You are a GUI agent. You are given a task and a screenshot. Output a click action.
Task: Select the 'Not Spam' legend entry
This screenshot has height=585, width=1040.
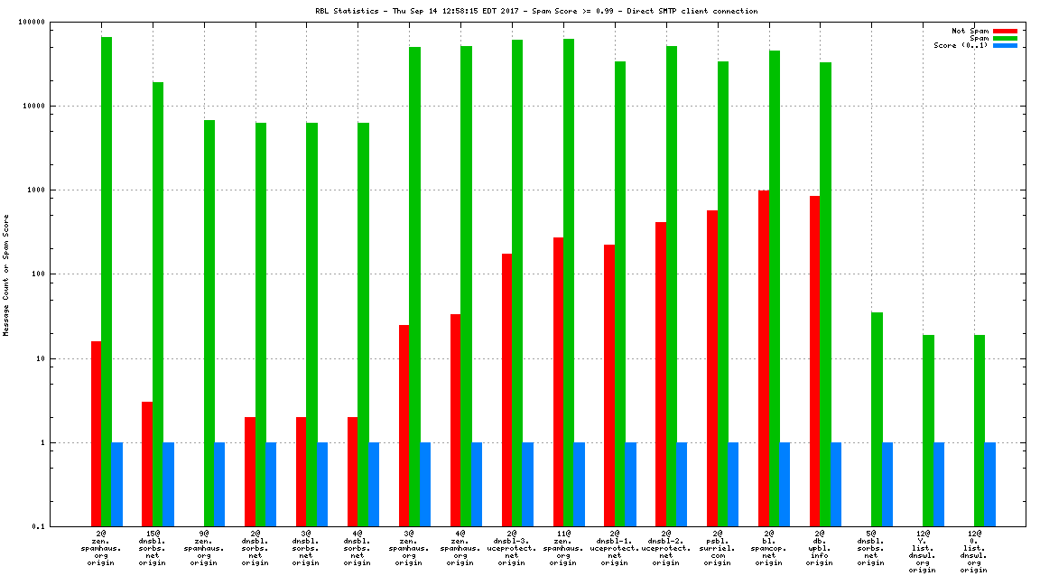point(970,31)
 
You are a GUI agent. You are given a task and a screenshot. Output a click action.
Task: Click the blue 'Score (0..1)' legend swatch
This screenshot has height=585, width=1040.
point(1005,45)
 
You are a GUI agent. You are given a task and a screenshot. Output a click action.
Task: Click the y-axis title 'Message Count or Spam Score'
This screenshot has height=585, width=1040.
point(6,275)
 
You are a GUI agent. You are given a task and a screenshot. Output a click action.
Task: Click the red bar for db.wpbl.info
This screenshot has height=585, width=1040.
point(815,361)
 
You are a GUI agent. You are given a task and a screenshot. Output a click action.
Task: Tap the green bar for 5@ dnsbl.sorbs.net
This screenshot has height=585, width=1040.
point(877,419)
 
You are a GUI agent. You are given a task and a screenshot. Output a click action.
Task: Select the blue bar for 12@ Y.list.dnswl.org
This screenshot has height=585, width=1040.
point(939,484)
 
